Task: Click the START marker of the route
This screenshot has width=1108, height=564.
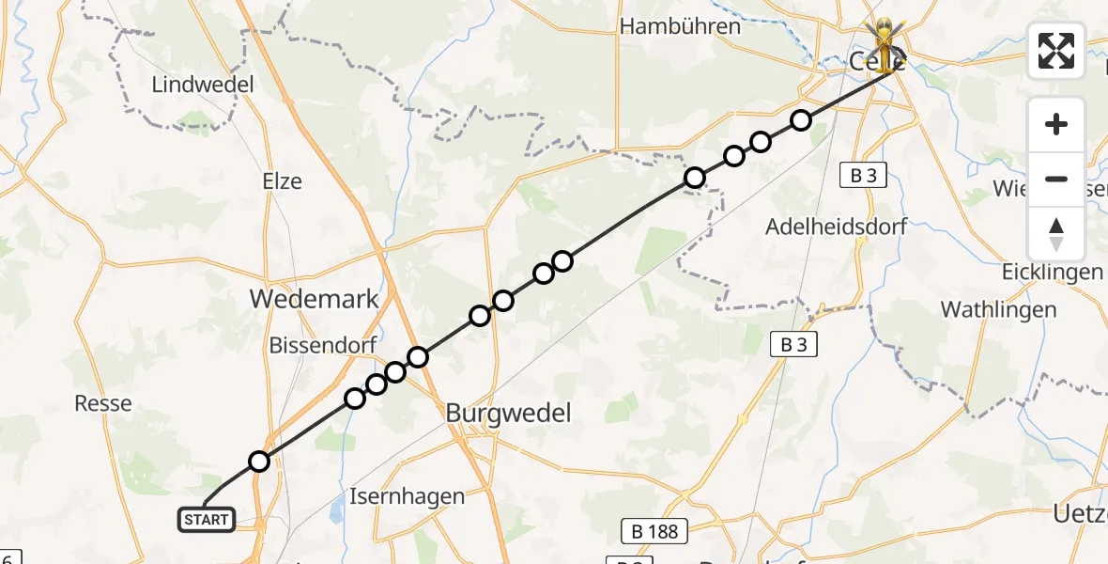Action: [x=207, y=519]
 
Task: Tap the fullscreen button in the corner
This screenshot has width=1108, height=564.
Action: [x=1056, y=51]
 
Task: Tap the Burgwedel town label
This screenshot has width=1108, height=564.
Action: [x=508, y=413]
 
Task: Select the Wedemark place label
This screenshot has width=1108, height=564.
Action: [x=314, y=300]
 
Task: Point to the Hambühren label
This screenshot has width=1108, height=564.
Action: [x=681, y=26]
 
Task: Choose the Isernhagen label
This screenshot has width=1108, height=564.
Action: [x=407, y=495]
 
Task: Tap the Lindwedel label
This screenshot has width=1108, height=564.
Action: [x=203, y=85]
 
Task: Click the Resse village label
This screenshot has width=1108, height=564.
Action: [x=103, y=403]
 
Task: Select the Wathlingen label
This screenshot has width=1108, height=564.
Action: [x=998, y=309]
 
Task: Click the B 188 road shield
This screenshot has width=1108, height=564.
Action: [x=654, y=531]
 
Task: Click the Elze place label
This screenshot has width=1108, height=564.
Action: [x=283, y=181]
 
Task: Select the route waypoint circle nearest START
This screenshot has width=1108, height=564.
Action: [x=259, y=462]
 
